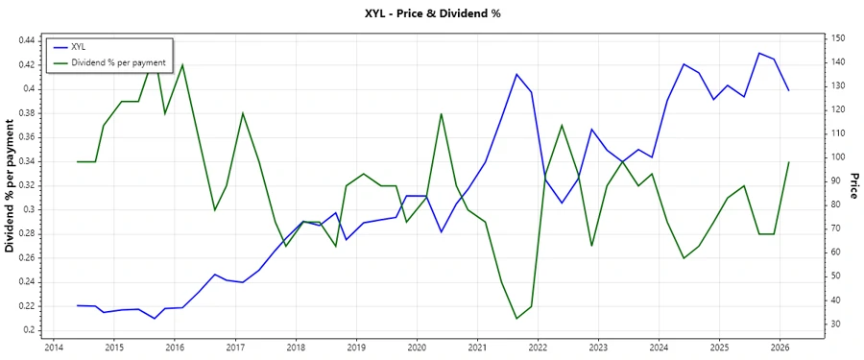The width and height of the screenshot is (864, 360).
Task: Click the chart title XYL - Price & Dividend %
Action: pos(432,13)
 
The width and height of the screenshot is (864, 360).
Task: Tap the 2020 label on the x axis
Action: pos(417,347)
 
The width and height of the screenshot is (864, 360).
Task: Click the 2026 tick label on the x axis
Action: pos(780,347)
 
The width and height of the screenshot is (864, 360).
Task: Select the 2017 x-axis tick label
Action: pos(234,347)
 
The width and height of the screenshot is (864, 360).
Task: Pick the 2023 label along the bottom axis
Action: pos(598,347)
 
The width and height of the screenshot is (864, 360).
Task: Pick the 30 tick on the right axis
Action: pos(836,324)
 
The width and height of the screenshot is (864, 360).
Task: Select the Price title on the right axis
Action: pos(854,185)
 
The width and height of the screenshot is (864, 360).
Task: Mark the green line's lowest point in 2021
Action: pos(516,318)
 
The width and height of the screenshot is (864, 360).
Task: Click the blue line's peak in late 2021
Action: pos(516,74)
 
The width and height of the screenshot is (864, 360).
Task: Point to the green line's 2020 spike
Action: pos(441,113)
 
